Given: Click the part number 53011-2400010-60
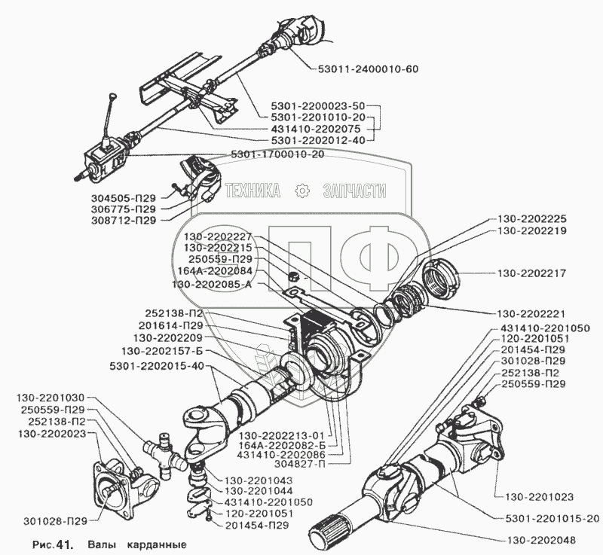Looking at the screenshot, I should click(363, 69).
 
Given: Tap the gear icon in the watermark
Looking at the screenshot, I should click(301, 191).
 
